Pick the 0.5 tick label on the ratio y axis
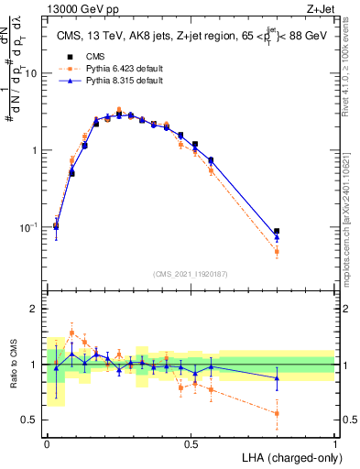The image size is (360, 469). point(30,420)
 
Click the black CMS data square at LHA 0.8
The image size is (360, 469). point(277,232)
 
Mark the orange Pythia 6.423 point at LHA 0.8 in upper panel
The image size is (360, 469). point(277,251)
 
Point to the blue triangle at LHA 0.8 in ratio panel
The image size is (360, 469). point(277,377)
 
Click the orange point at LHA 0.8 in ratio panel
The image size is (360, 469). point(277,413)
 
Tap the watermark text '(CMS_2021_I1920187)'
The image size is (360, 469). point(191,273)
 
